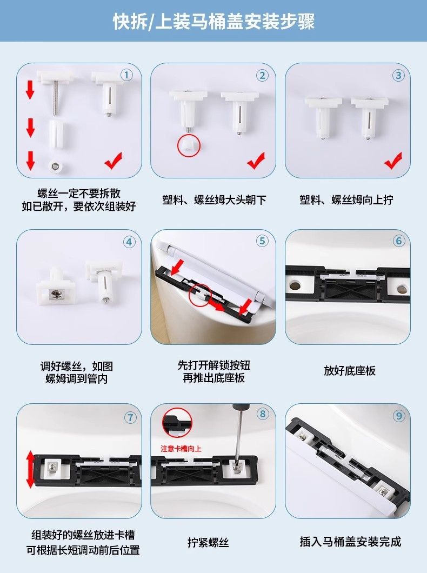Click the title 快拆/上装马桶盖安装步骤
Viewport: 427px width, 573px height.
[213, 21]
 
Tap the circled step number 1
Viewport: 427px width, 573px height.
[126, 75]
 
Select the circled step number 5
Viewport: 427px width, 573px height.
[262, 241]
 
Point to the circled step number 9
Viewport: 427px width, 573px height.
[399, 416]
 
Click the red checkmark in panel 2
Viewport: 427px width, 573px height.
[256, 161]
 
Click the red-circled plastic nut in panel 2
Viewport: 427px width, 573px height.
[189, 145]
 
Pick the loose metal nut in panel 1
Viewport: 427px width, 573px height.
[56, 166]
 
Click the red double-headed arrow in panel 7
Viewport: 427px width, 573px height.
[30, 470]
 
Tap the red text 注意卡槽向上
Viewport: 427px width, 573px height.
[181, 448]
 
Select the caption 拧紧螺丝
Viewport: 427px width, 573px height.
[208, 542]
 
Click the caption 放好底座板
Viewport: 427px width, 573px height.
[350, 370]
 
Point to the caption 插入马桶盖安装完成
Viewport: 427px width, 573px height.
[350, 542]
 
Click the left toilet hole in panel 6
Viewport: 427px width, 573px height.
[295, 284]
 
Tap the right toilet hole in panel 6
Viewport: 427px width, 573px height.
[401, 289]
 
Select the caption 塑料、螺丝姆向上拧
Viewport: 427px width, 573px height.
[346, 200]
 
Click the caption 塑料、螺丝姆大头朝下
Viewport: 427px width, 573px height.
[215, 200]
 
